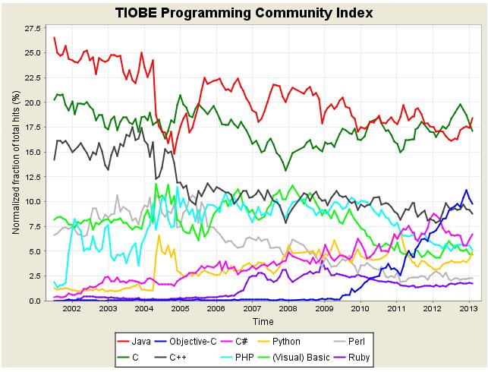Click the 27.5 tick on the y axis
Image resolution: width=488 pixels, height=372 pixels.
pos(34,28)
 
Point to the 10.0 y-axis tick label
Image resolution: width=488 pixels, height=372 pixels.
pos(34,201)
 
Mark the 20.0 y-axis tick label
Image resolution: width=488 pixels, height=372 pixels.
pos(34,102)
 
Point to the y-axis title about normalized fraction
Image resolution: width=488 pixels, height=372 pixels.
pos(15,165)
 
